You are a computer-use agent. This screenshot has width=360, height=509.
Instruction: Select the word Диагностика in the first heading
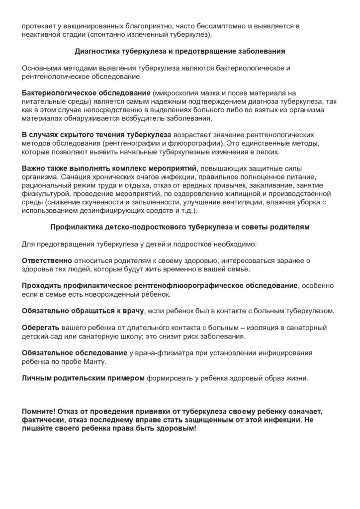click(96, 51)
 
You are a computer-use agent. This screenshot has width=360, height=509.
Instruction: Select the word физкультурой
click(43, 194)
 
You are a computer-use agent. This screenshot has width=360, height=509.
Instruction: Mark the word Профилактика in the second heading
click(74, 228)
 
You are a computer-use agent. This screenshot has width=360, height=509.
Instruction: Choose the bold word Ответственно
click(47, 261)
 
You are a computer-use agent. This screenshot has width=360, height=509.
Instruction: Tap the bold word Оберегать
click(41, 328)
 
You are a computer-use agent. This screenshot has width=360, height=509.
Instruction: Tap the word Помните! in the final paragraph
click(39, 412)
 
